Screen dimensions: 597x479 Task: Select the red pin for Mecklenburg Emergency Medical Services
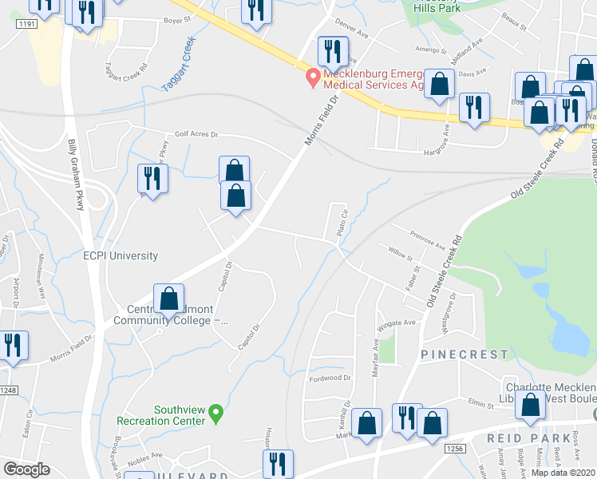coord(313,77)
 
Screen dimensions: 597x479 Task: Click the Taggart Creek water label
coord(178,65)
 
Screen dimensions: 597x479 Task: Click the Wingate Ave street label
coord(398,323)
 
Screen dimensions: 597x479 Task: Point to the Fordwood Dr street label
coord(330,378)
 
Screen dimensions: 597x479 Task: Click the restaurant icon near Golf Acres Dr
coord(151,177)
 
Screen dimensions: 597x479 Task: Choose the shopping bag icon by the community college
coord(168,299)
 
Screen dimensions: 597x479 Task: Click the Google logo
coord(26,469)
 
